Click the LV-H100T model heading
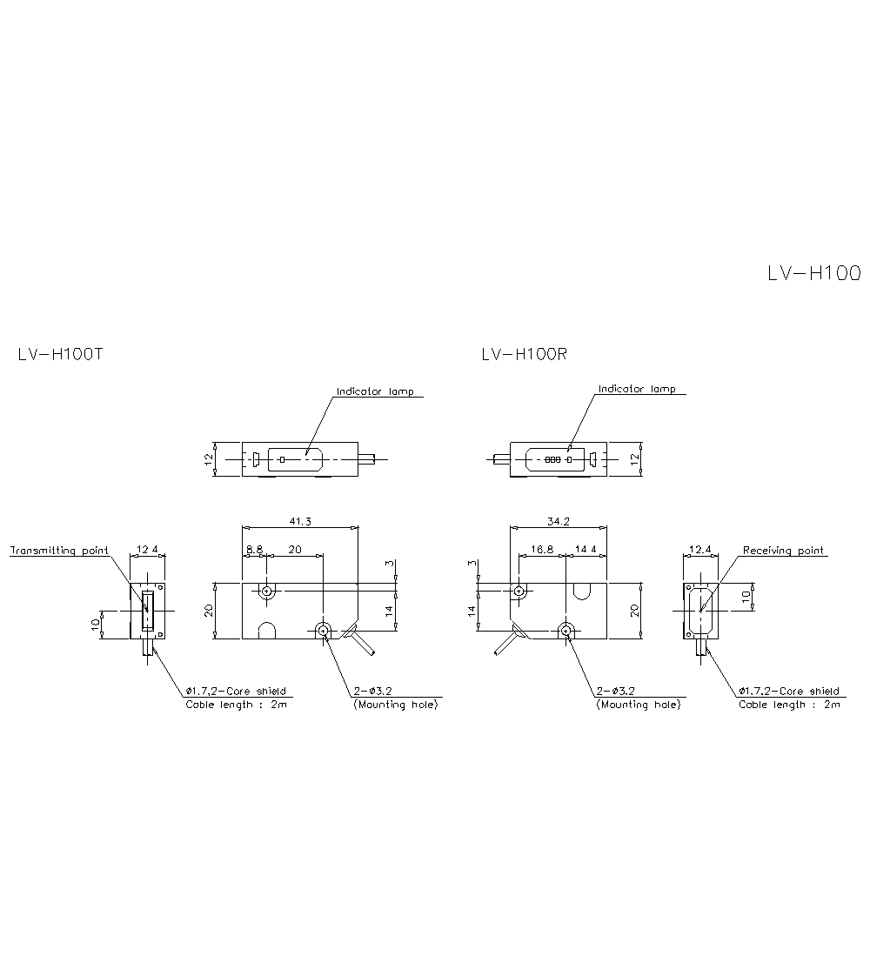pos(60,354)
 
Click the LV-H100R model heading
pos(524,354)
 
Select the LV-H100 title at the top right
pos(814,273)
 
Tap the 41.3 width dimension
pos(300,522)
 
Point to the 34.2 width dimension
pos(559,522)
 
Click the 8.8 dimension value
pos(255,550)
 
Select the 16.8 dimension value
pos(542,550)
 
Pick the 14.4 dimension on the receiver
pos(586,550)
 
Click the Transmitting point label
pos(59,551)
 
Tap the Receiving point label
pos(783,551)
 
